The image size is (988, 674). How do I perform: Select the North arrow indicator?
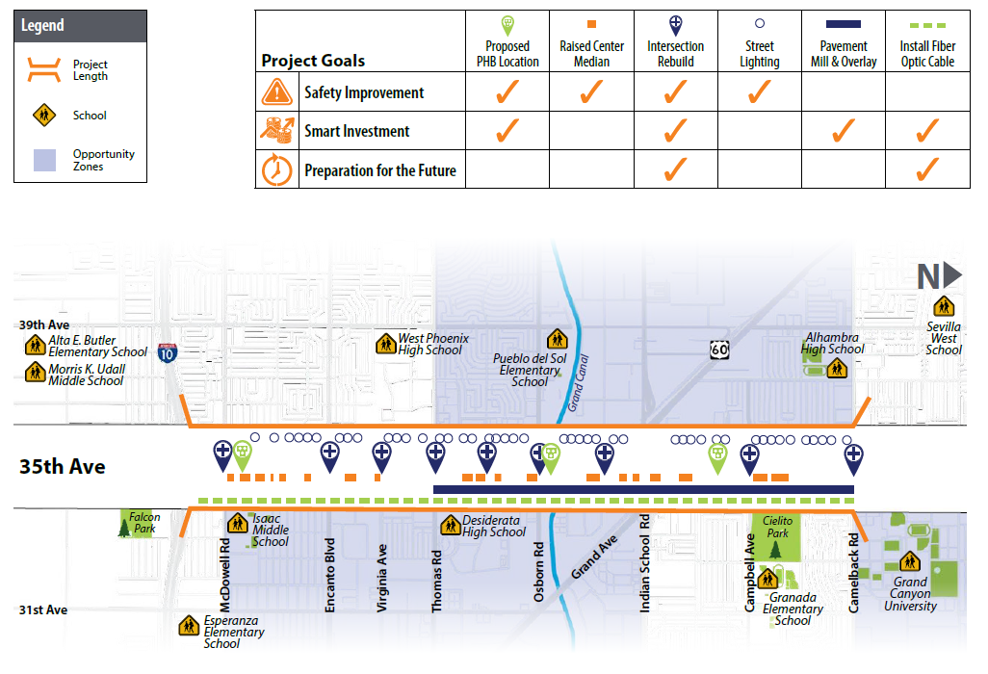tap(939, 276)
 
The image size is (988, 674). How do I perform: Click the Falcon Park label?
tap(144, 523)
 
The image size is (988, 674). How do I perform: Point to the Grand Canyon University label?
tap(910, 594)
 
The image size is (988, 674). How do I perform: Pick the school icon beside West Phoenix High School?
tap(387, 342)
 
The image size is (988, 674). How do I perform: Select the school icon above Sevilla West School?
tap(944, 305)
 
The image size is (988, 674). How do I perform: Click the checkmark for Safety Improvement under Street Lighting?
tap(759, 92)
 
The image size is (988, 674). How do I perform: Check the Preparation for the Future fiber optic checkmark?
tap(927, 169)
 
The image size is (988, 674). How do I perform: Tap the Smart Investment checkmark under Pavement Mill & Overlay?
tap(844, 131)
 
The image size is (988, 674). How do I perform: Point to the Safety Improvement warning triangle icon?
tap(276, 92)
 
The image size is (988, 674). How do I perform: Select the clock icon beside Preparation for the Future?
tap(276, 169)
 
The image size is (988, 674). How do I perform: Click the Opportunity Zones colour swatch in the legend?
tap(45, 160)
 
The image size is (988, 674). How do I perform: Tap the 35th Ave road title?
tap(63, 467)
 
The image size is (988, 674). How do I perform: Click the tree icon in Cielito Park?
tap(776, 549)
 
